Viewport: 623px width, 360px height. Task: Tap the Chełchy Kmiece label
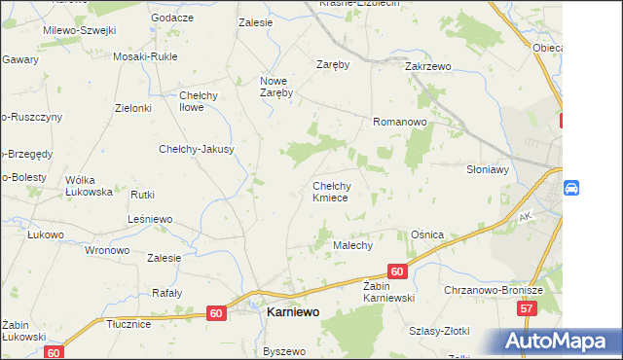coord(337,192)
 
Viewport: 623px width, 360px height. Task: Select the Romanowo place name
coord(400,123)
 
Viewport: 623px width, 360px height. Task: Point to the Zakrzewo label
coord(429,67)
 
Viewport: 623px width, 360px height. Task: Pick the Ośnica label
coord(427,235)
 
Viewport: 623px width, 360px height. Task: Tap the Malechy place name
coord(353,246)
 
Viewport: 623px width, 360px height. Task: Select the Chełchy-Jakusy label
coord(197,150)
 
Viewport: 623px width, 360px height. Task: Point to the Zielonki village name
coord(133,108)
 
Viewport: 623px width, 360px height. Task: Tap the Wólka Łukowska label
coord(89,186)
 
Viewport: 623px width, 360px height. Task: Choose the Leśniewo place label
coord(150,220)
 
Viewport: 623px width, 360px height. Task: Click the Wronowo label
coord(107,250)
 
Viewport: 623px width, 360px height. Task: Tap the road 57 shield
coord(527,308)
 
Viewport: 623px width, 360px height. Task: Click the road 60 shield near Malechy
coord(396,271)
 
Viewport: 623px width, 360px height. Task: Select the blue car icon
coord(571,187)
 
